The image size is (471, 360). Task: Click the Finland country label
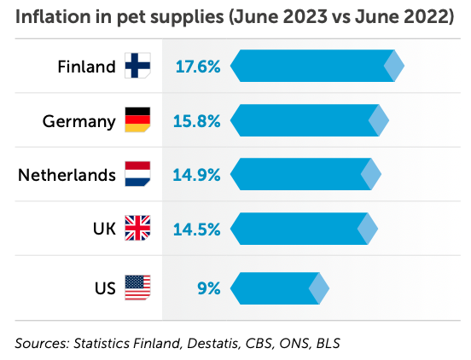point(86,67)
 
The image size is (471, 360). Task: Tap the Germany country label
point(78,121)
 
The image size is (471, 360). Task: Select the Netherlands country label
point(67,175)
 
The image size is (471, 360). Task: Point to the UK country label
point(104,229)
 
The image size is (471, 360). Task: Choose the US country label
point(105,287)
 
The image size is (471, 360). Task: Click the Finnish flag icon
point(137,66)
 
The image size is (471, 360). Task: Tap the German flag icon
point(137,120)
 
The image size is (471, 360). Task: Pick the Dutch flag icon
point(137,175)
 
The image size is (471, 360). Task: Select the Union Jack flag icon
point(137,229)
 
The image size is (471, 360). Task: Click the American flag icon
point(137,287)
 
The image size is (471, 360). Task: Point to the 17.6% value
point(197,67)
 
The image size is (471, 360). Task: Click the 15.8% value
point(197,121)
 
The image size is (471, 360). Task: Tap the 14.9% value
point(197,175)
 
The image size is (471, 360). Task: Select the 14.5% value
point(197,229)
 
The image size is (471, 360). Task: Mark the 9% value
point(208,287)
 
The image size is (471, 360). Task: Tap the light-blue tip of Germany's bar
point(379,120)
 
